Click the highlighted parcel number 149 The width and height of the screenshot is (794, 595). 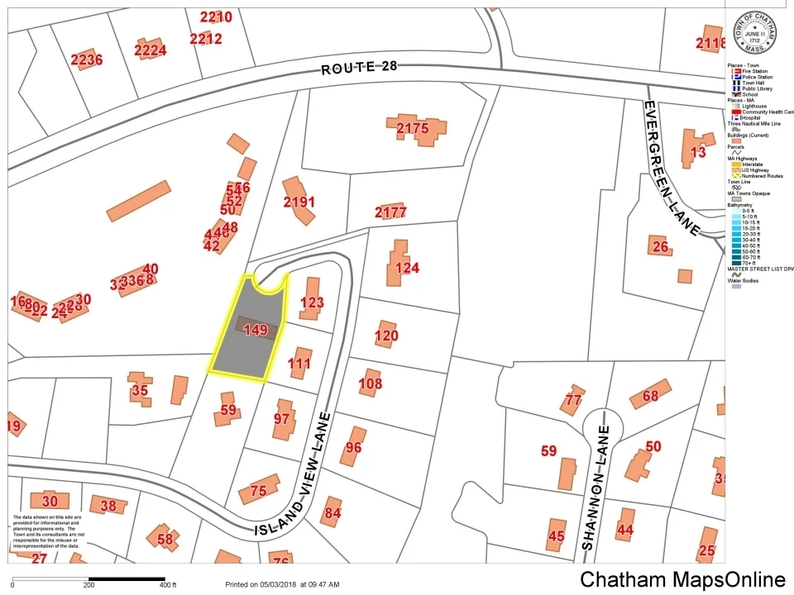coord(256,331)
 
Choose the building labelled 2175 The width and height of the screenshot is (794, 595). coord(413,128)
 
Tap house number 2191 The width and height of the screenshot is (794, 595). coord(299,202)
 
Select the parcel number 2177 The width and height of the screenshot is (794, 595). coord(390,212)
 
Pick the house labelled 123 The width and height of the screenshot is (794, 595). coord(311,303)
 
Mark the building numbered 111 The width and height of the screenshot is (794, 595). coord(299,364)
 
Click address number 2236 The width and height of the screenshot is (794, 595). coord(86,59)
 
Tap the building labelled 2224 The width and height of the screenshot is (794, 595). coord(150,50)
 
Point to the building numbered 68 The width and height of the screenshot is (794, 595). coord(650,396)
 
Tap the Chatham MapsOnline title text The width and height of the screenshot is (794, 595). coord(682,579)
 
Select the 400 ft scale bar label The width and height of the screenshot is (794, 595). coord(168,585)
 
